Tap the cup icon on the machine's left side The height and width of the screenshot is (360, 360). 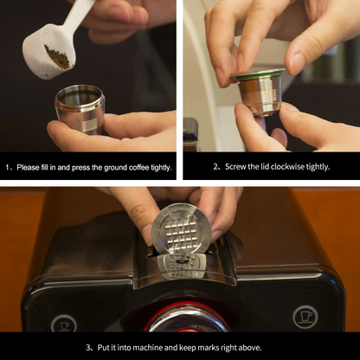point(63,322)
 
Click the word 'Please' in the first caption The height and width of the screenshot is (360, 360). point(29,167)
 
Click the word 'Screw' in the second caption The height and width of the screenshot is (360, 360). point(225,167)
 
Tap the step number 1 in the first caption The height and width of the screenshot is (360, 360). point(8,167)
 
